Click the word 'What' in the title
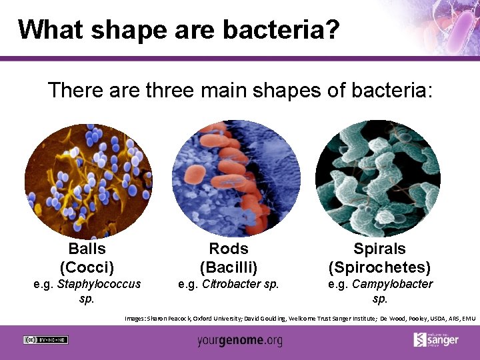[x=49, y=30]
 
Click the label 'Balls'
[x=87, y=249]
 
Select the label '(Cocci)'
[x=87, y=267]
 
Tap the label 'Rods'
[x=229, y=249]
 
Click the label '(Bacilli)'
[x=229, y=267]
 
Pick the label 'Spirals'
[x=379, y=249]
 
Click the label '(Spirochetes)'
[x=379, y=267]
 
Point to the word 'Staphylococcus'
[x=99, y=285]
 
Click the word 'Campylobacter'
[x=392, y=285]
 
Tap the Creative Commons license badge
[x=45, y=339]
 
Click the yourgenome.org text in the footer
[x=239, y=341]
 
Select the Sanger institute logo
[x=436, y=339]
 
